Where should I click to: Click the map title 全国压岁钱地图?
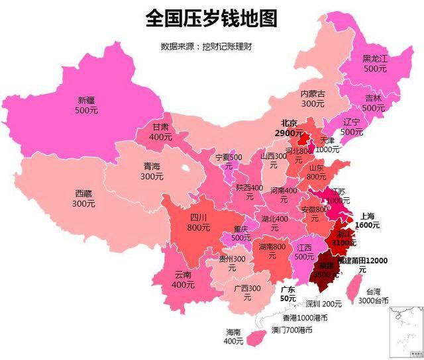[211, 18]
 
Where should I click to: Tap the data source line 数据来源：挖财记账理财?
[207, 46]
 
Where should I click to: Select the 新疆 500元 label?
[86, 105]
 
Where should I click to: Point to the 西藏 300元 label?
[83, 199]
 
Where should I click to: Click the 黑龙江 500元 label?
[374, 63]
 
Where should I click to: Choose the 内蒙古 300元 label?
[313, 99]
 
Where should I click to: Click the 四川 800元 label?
[199, 222]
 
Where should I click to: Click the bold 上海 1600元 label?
[368, 220]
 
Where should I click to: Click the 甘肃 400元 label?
[160, 132]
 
